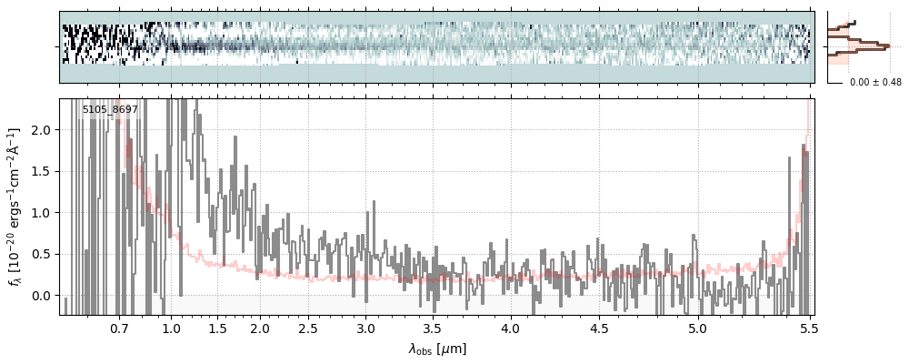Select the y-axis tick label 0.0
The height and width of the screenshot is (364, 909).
tap(44, 296)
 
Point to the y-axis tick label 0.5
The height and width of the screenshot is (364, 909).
tap(44, 254)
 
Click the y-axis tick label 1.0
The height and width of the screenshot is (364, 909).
tap(44, 213)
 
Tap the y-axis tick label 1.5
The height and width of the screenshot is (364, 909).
tap(44, 172)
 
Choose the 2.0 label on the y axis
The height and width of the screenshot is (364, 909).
tap(44, 131)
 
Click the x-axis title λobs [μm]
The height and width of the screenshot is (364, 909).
tap(437, 349)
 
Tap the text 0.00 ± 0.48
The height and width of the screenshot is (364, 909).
tap(875, 83)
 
